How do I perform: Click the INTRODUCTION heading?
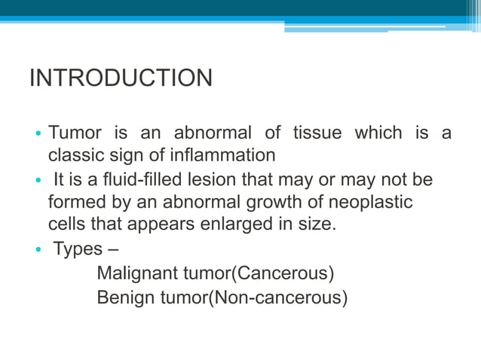(121, 78)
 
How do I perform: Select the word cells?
(66, 224)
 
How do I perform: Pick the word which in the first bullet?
(378, 133)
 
